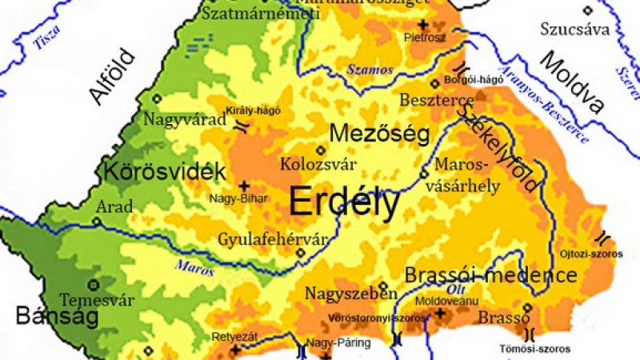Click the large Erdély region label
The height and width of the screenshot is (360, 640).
tap(344, 202)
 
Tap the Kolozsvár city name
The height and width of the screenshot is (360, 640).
tap(318, 164)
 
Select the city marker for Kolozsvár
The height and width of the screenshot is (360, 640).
tap(321, 150)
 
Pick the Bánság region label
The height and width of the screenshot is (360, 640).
tap(56, 317)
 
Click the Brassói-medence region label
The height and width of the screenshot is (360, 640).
tap(490, 276)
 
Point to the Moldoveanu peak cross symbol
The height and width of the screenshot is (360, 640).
tap(439, 313)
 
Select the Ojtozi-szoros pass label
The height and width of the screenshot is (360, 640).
tap(594, 254)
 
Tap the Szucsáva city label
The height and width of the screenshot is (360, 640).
tap(574, 30)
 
